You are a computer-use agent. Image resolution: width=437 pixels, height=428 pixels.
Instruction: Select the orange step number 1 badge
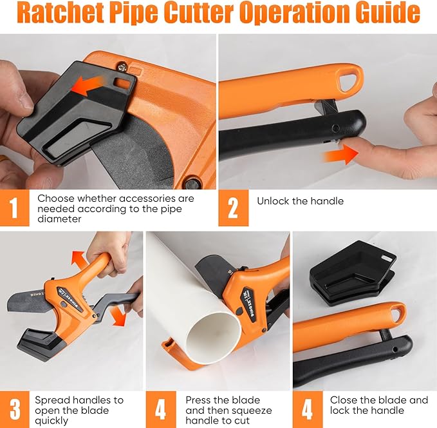click(x=14, y=208)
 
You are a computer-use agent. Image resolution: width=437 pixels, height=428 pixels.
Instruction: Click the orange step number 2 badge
click(x=233, y=208)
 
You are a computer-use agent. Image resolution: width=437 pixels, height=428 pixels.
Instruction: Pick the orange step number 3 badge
click(x=14, y=409)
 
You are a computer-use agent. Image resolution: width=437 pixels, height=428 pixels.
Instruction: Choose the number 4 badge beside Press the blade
click(x=160, y=409)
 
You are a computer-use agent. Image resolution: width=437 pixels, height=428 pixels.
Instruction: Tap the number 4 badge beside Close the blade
click(x=307, y=409)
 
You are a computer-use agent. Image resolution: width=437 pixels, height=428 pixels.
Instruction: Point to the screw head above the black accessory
click(x=122, y=64)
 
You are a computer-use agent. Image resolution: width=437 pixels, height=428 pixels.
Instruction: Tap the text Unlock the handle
click(x=300, y=201)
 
